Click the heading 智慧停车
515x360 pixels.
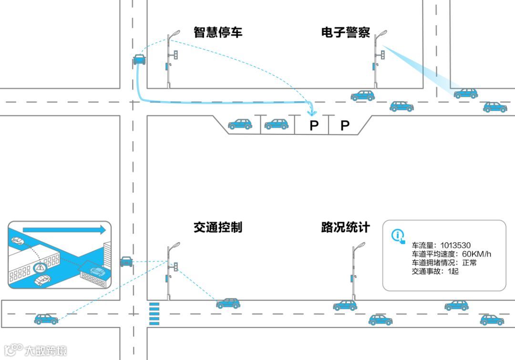point(218,32)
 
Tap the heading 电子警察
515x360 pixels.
point(346,32)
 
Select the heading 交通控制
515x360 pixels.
point(218,227)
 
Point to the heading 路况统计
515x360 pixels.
point(346,227)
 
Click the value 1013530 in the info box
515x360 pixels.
point(455,246)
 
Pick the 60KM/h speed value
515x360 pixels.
point(477,254)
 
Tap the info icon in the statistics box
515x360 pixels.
point(398,236)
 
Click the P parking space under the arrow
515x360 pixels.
point(313,126)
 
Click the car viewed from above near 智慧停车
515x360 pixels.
point(139,60)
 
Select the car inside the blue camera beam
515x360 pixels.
point(465,93)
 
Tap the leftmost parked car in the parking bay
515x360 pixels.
point(240,124)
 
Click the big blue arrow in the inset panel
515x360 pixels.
point(64,230)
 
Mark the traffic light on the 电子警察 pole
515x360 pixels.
point(382,55)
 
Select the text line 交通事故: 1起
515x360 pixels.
point(435,271)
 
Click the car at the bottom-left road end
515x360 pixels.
point(46,319)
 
